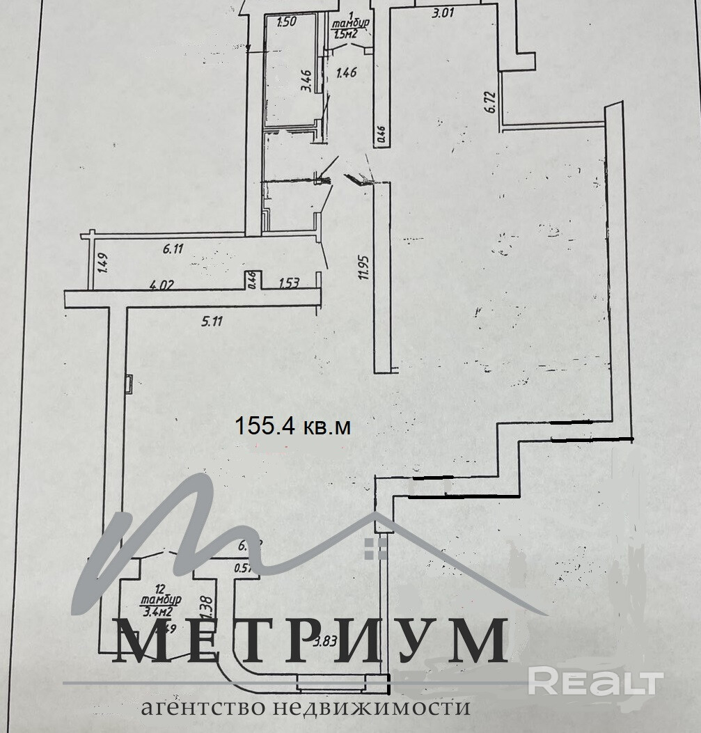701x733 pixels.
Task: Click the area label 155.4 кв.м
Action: coord(292,425)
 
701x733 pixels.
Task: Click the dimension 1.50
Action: coord(286,22)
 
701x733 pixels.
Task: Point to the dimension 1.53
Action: coord(289,283)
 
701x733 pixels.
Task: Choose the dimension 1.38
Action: coord(205,606)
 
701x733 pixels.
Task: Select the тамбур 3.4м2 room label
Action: coord(161,599)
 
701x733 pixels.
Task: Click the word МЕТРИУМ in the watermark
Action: coord(310,640)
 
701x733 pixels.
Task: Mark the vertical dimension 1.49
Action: coord(102,265)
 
